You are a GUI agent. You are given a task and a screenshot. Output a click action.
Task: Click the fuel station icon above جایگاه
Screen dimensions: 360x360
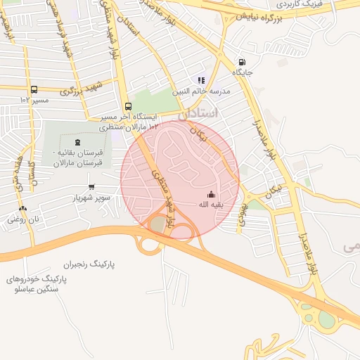click(243, 61)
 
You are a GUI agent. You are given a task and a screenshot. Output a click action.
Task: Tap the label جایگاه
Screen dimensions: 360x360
click(243, 72)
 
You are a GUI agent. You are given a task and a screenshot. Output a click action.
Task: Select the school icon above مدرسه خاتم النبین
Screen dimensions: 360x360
click(201, 81)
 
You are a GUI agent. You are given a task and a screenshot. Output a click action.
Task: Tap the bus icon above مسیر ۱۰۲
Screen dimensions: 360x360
click(34, 89)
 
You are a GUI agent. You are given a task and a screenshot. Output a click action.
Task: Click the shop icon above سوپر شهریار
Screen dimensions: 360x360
click(91, 187)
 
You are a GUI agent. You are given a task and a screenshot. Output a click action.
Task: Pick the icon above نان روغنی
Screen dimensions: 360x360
click(23, 209)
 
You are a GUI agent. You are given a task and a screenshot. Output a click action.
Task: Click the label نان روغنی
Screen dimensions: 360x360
click(23, 219)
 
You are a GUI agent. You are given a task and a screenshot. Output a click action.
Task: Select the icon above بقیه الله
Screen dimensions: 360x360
click(211, 194)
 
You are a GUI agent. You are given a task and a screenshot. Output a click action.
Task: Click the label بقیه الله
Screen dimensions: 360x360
click(211, 205)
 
